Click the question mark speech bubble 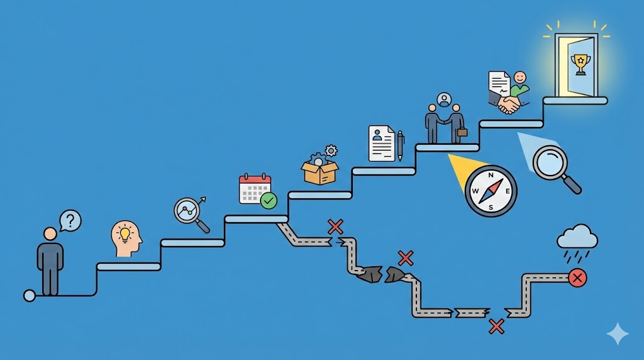point(71,220)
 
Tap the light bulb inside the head point(125,234)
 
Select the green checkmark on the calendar point(269,200)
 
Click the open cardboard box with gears point(319,171)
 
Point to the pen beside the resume point(400,145)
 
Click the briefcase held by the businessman point(462,132)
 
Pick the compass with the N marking point(491,191)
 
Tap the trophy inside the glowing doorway point(579,62)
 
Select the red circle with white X point(577,277)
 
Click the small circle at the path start point(30,295)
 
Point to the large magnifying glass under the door point(552,164)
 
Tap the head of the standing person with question point(50,234)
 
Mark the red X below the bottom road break point(497,326)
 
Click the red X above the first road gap point(335,227)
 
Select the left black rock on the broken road point(370,274)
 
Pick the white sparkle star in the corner point(618,334)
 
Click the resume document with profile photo point(381,143)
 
